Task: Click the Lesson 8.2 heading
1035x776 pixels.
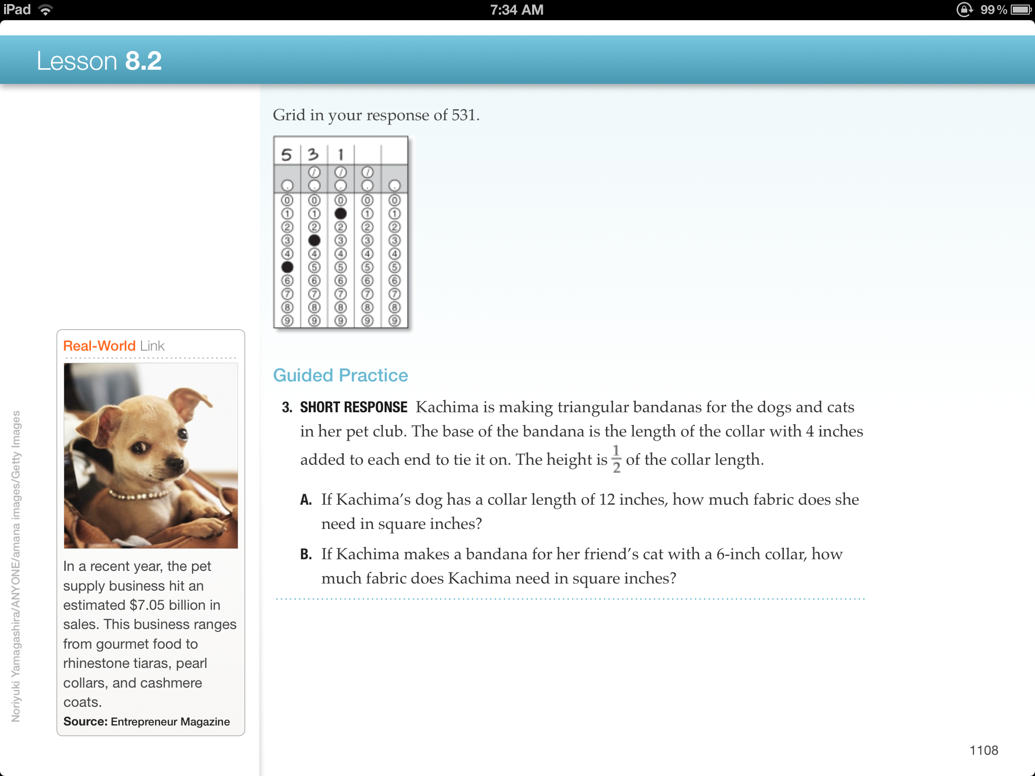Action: pos(99,61)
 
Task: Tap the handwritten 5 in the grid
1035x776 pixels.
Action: pos(287,154)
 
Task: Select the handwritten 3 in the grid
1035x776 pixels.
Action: pos(313,154)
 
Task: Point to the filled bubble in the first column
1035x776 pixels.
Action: pos(287,267)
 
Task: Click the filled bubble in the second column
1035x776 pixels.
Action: pos(314,240)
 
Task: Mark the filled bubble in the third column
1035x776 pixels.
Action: pos(341,214)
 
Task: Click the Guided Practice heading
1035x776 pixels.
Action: pos(340,375)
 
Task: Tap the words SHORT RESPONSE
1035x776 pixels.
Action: pos(353,407)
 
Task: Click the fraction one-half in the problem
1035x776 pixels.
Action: pos(616,459)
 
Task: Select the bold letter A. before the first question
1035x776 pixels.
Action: pos(306,500)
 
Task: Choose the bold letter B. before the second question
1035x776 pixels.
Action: pos(306,554)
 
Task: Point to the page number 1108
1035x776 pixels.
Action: pos(983,750)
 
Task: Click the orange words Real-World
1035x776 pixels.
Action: pos(99,346)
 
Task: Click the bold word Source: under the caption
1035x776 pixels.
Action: pos(85,721)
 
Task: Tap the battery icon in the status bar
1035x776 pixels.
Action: pos(1021,10)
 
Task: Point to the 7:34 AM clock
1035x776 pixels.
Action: pos(516,10)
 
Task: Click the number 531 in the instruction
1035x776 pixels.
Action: pos(463,115)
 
